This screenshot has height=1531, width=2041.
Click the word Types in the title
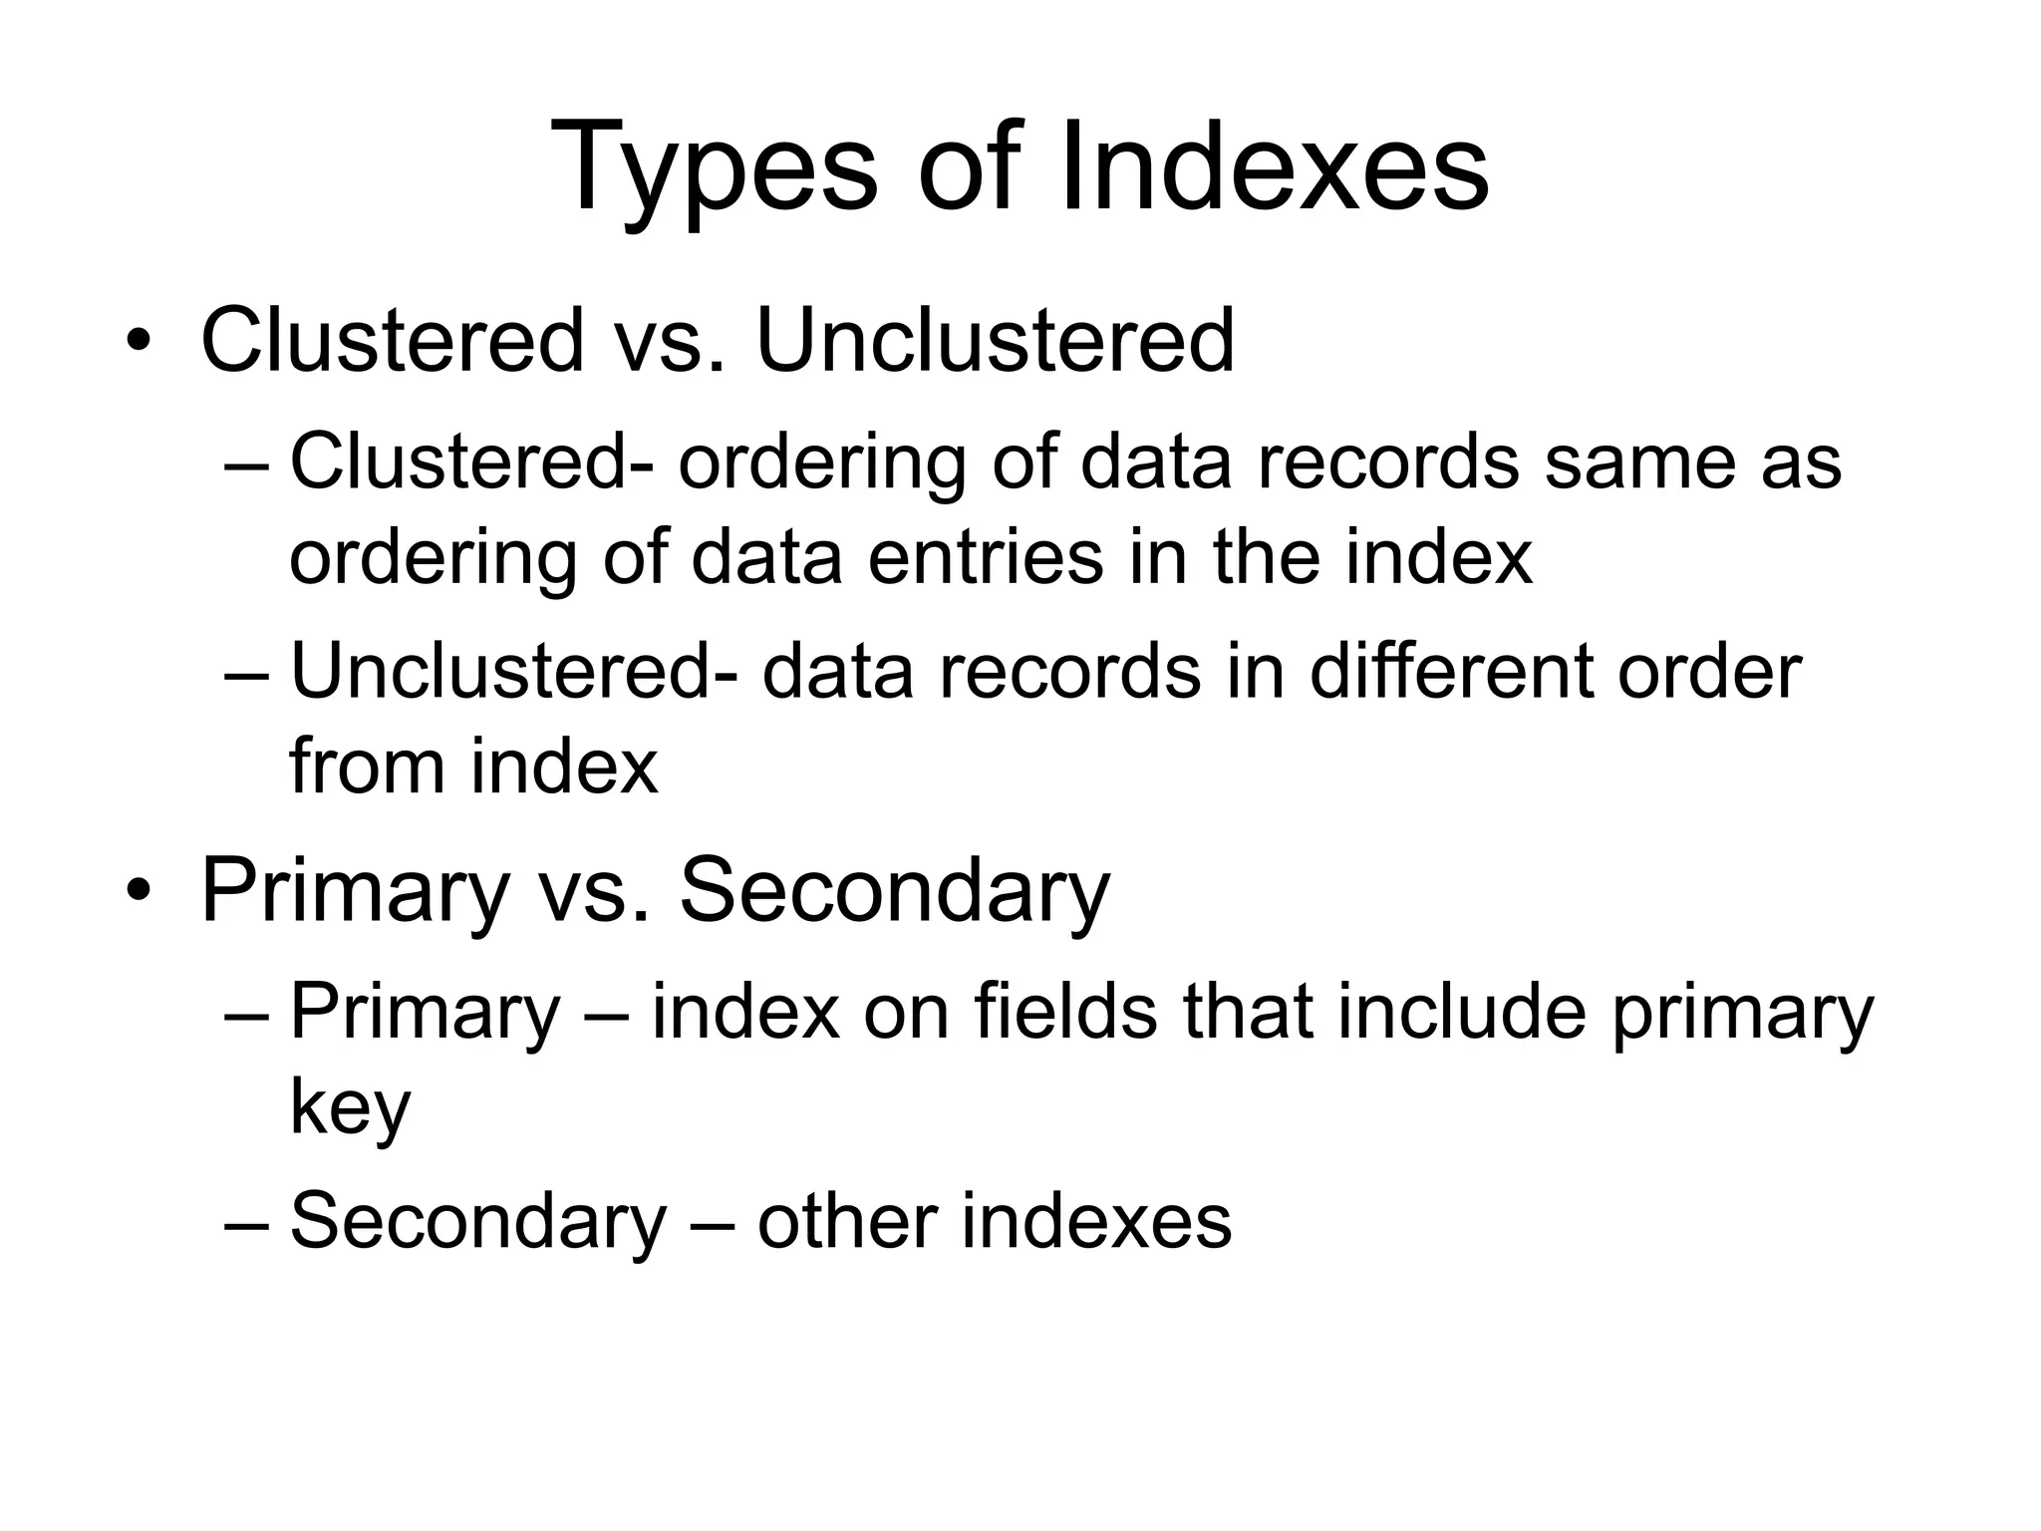coord(714,169)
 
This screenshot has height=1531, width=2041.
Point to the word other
coord(847,1222)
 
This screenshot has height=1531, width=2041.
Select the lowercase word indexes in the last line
coord(1096,1222)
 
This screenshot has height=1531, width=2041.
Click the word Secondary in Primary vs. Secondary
coord(894,890)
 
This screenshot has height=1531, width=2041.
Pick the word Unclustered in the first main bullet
coord(995,342)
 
